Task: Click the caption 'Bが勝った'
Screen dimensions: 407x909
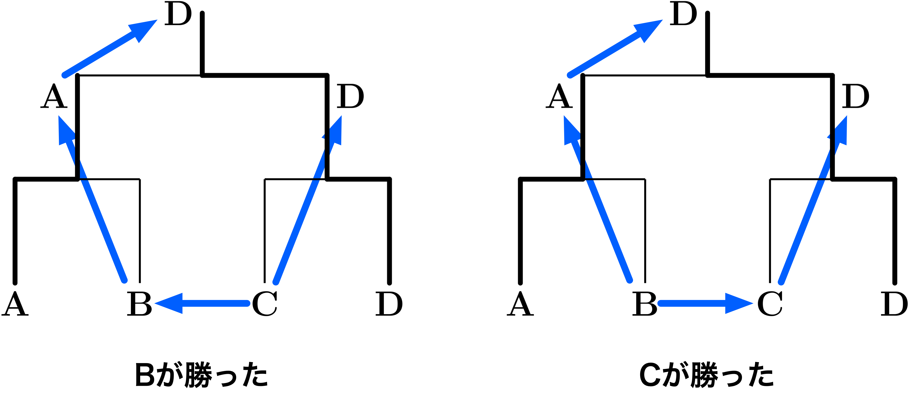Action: pos(201,374)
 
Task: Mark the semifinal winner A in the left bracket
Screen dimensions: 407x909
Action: pos(54,96)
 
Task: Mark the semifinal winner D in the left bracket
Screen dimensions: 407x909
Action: pos(350,96)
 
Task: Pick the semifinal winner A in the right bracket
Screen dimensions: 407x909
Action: pos(559,96)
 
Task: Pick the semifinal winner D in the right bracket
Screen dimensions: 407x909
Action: pos(855,96)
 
